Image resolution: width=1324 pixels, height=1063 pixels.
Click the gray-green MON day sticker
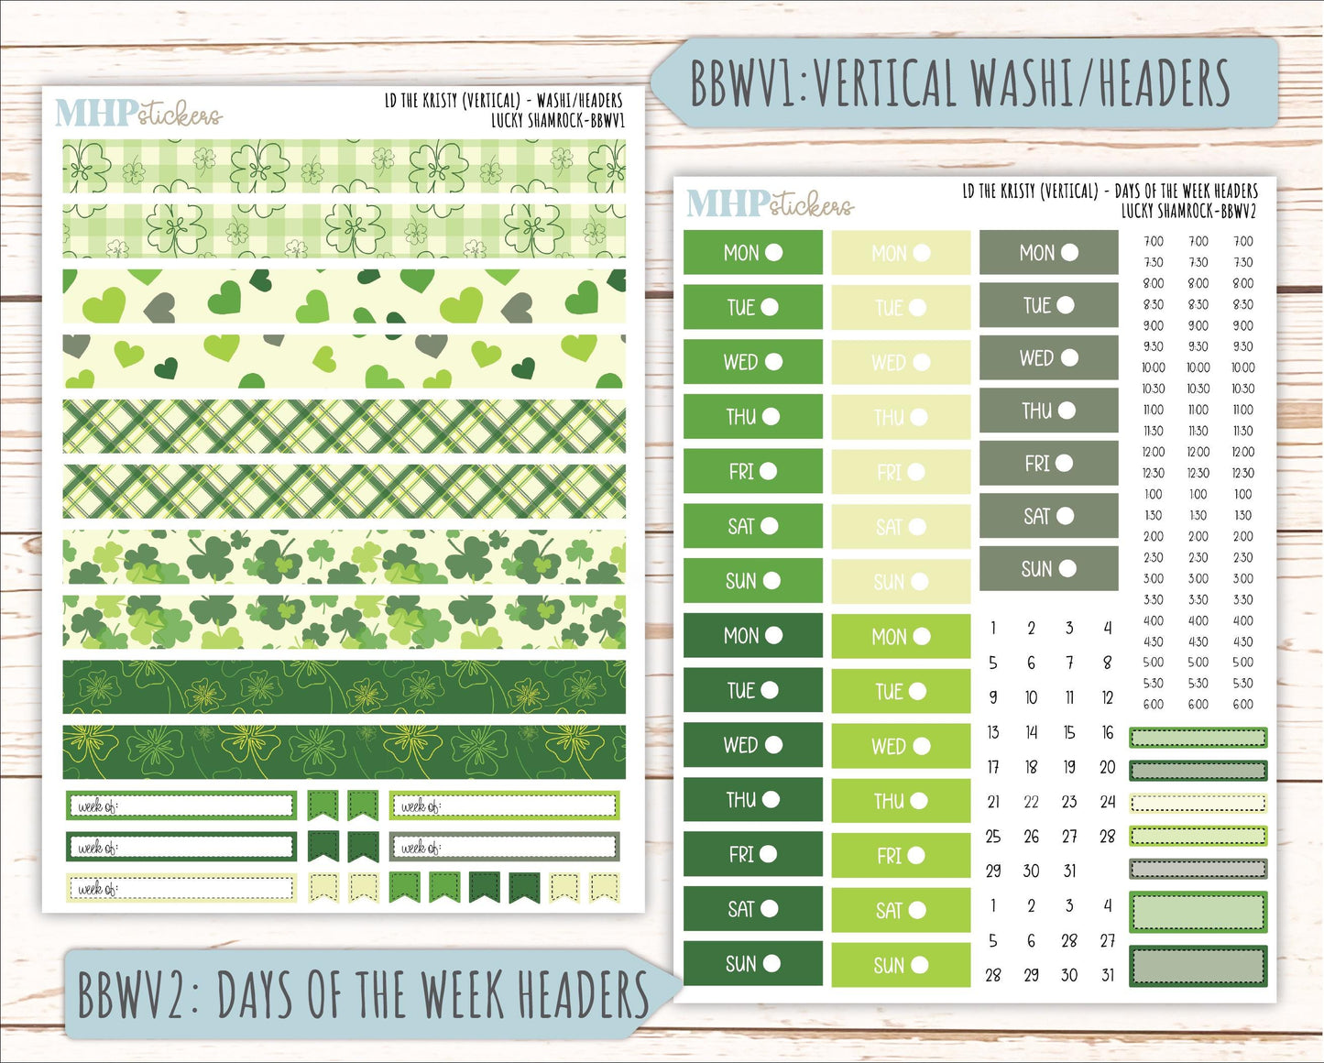[1048, 253]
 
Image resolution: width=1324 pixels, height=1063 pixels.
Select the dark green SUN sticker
[752, 963]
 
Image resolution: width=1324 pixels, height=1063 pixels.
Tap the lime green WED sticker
[900, 746]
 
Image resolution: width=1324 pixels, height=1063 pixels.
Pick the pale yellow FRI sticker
[900, 473]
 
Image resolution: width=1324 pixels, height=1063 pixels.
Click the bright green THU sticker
[752, 417]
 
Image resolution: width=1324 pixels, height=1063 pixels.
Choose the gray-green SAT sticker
[1048, 516]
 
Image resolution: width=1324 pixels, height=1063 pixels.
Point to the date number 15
[1069, 732]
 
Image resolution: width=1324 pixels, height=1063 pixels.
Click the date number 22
[1031, 802]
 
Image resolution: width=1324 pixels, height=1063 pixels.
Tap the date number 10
[1031, 697]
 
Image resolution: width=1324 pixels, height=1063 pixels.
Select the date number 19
[1069, 767]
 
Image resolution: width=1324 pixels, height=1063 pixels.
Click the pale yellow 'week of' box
[181, 888]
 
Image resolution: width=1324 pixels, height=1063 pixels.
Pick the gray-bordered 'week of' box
[504, 847]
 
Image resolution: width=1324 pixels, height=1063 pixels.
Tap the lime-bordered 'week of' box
[504, 806]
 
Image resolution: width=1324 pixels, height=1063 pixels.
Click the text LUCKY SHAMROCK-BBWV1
[557, 120]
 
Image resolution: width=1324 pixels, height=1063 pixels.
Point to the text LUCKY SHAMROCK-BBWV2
[1188, 211]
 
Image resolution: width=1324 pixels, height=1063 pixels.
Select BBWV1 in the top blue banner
[742, 83]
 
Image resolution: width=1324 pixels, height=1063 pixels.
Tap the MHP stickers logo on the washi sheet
[137, 114]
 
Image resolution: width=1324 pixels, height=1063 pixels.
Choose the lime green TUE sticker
[900, 691]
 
